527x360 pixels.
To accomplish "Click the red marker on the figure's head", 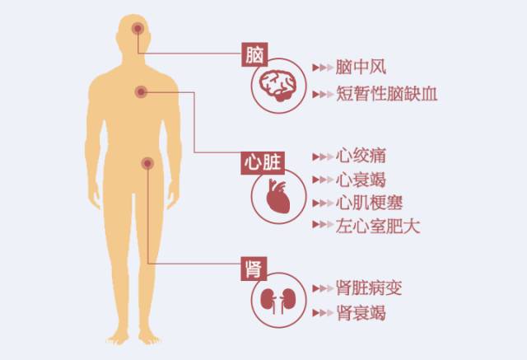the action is pos(137,30).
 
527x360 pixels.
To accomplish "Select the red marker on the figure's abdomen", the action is pos(147,164).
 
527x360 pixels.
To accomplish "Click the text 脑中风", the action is pos(361,67).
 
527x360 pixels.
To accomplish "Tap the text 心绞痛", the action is pos(361,155).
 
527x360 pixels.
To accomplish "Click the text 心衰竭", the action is pos(361,179).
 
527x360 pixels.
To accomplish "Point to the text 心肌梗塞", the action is pos(370,203).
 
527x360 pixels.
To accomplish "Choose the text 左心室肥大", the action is pos(378,227).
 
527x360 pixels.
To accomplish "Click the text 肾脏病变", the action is pos(370,289).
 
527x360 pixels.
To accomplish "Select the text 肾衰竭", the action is pos(361,313).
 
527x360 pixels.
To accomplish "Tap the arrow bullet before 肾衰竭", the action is pos(322,314).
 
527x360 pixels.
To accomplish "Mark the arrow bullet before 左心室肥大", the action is pos(322,227).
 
